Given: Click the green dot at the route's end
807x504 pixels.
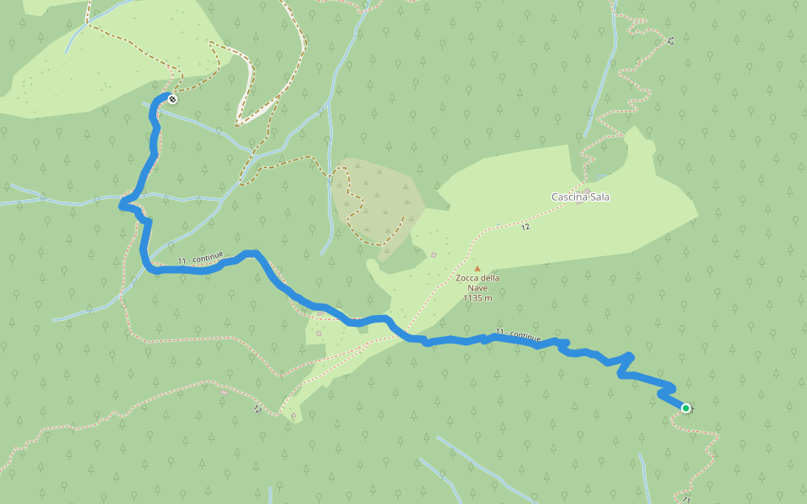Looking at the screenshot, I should pyautogui.click(x=685, y=408).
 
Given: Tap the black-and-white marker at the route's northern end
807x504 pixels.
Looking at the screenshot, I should pyautogui.click(x=172, y=99).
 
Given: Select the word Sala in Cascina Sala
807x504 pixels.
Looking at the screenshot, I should pyautogui.click(x=599, y=197).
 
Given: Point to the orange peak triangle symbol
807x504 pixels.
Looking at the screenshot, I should pyautogui.click(x=477, y=269).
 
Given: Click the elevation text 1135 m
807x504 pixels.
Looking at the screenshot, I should pyautogui.click(x=477, y=297).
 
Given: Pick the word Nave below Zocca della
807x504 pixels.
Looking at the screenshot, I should pyautogui.click(x=477, y=288).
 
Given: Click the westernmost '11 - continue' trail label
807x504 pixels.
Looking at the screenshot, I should pyautogui.click(x=200, y=259).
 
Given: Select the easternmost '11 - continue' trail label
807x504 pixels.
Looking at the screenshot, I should pyautogui.click(x=518, y=336).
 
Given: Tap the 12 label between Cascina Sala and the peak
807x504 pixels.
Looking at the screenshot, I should pyautogui.click(x=525, y=227).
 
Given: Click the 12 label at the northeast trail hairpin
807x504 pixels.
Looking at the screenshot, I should pyautogui.click(x=670, y=40).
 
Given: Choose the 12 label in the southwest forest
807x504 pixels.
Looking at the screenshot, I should pyautogui.click(x=257, y=410).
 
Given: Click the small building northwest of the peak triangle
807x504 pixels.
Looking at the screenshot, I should pyautogui.click(x=434, y=255).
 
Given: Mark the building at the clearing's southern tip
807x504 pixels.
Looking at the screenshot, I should pyautogui.click(x=293, y=414).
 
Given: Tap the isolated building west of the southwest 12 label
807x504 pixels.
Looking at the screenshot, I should pyautogui.click(x=224, y=391).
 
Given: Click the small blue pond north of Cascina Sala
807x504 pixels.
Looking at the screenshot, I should pyautogui.click(x=602, y=177).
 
